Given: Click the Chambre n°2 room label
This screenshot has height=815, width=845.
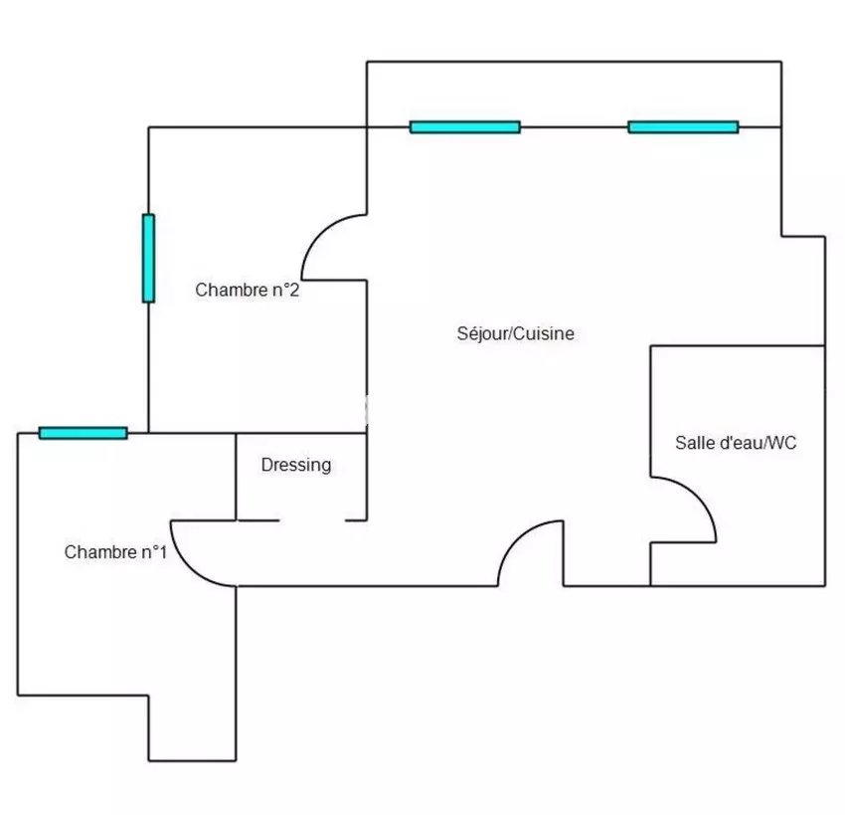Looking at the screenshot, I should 248,291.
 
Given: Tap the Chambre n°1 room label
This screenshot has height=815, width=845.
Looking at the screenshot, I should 115,552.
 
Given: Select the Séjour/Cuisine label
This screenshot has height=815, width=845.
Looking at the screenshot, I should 515,334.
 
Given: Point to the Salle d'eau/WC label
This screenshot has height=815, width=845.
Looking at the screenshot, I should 736,444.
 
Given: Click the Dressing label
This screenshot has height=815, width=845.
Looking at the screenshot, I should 296,465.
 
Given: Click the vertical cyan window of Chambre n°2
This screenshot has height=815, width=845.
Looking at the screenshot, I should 148,258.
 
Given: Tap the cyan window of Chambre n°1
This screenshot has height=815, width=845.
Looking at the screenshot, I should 83,433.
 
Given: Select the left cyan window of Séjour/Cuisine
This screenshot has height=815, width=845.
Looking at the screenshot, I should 464,127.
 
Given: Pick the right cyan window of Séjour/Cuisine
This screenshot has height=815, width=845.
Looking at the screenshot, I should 683,127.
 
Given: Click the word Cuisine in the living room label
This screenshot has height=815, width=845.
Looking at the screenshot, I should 544,334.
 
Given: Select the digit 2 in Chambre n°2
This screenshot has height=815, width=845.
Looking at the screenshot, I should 296,291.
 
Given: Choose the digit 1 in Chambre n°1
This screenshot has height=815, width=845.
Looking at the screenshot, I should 162,552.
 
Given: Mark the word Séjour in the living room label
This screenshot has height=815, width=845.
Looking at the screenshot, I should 481,334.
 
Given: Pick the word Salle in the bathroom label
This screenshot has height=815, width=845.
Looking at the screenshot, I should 693,444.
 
